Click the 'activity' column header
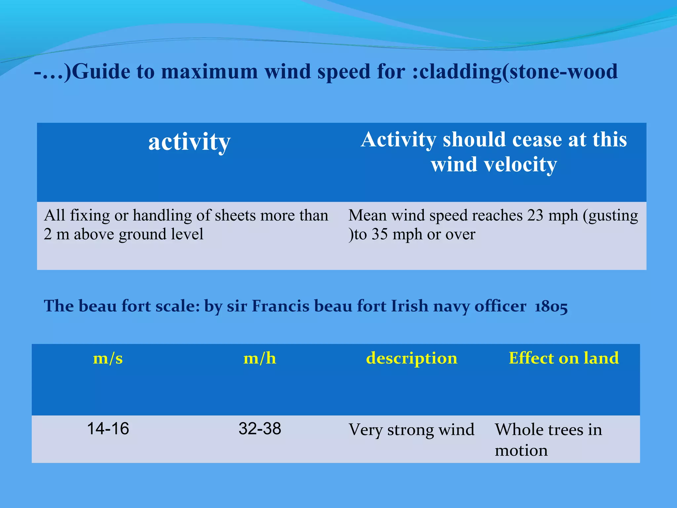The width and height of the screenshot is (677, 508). pyautogui.click(x=189, y=142)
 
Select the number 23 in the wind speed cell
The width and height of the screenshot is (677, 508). pyautogui.click(x=535, y=215)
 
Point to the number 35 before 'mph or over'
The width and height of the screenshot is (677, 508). pyautogui.click(x=379, y=234)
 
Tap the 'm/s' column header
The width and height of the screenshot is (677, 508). pyautogui.click(x=108, y=358)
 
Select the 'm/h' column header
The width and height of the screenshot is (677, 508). pyautogui.click(x=259, y=358)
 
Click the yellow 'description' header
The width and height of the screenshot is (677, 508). pyautogui.click(x=412, y=358)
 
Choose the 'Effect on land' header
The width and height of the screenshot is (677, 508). pyautogui.click(x=564, y=358)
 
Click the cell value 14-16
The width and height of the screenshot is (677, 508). pyautogui.click(x=108, y=429)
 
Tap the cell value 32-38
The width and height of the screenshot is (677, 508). pyautogui.click(x=260, y=429)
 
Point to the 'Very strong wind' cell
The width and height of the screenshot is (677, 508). pyautogui.click(x=412, y=430)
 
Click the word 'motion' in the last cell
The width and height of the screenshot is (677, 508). pyautogui.click(x=521, y=450)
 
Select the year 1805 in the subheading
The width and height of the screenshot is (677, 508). pyautogui.click(x=551, y=306)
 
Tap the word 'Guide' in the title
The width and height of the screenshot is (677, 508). pyautogui.click(x=101, y=72)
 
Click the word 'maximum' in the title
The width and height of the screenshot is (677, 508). pyautogui.click(x=209, y=72)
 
